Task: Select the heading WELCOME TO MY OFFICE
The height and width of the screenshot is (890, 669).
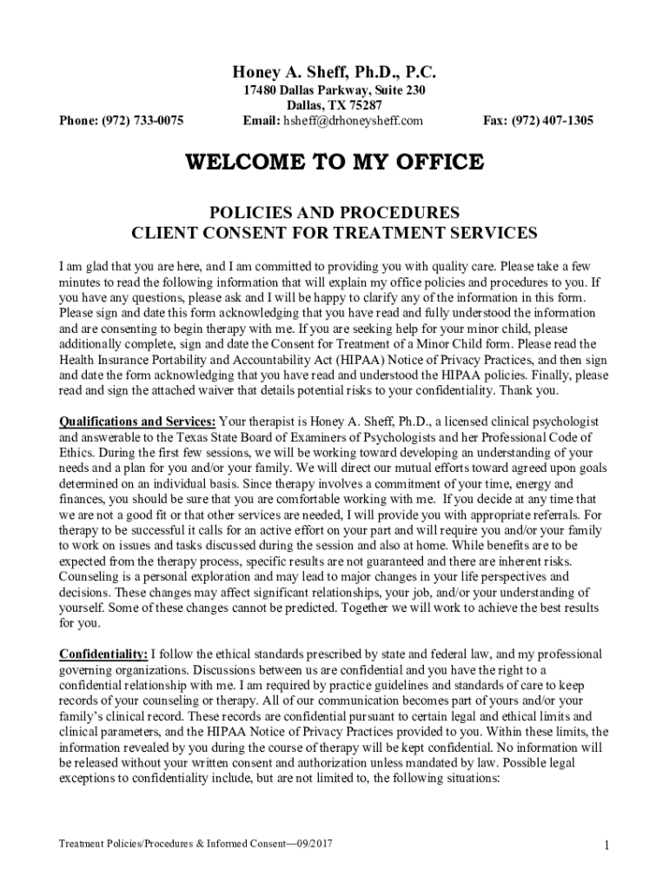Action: pos(334,163)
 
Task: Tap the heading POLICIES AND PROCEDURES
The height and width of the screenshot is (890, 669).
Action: pos(334,213)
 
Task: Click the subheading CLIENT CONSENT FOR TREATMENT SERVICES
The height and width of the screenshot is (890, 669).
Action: pos(334,233)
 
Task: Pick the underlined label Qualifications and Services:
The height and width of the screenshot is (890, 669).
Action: pos(136,422)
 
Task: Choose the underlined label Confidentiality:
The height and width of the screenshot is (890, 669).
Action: pos(103,654)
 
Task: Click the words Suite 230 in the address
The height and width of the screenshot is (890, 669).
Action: pos(396,90)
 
